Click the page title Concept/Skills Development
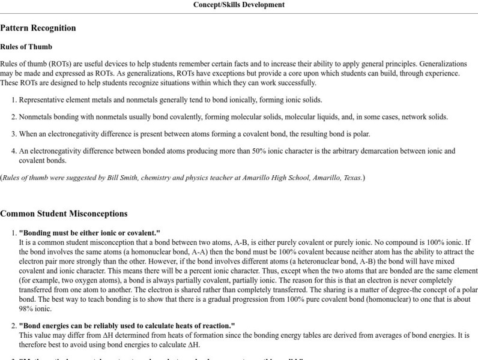[x=239, y=5]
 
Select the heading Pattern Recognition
[x=38, y=28]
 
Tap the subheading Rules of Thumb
[x=26, y=47]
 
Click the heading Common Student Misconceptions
[x=64, y=213]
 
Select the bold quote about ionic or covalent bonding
[x=89, y=233]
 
